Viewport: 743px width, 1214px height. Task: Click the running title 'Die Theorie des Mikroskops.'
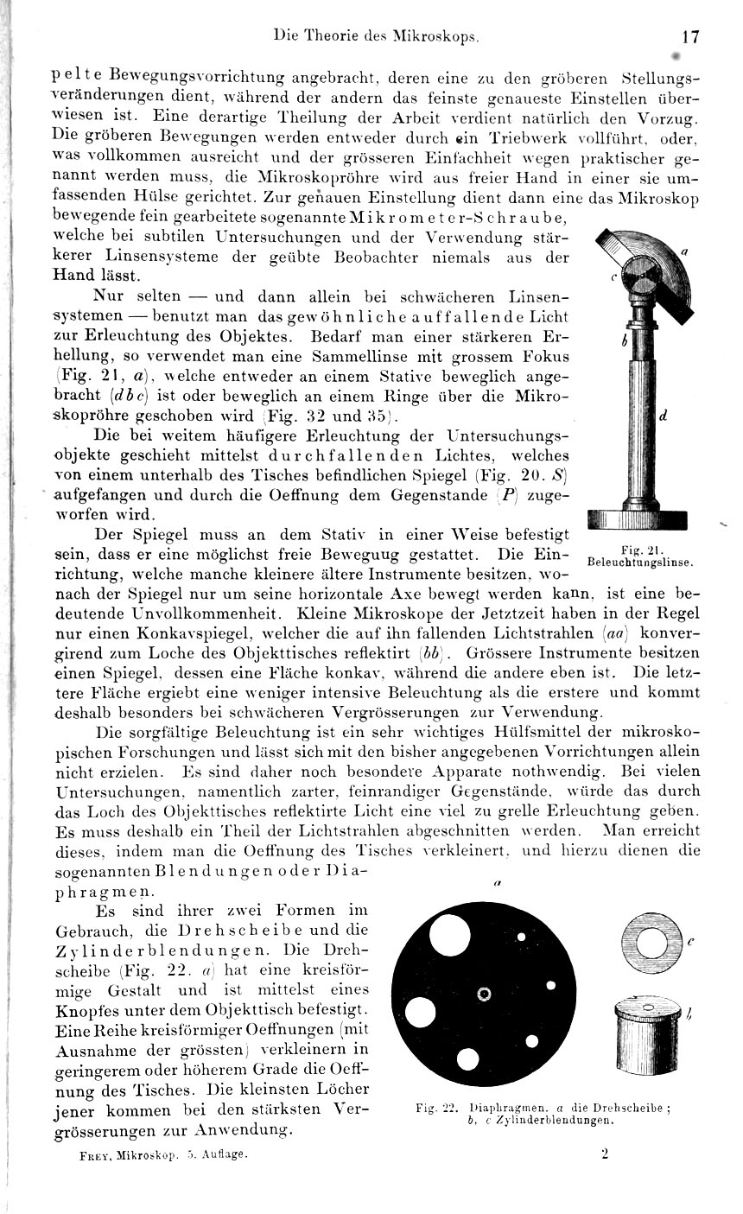click(376, 36)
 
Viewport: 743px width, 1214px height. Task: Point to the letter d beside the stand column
click(661, 415)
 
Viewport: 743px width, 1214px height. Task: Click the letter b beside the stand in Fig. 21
click(624, 340)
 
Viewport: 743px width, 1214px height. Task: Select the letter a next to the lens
click(683, 251)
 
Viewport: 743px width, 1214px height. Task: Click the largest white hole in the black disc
click(421, 1012)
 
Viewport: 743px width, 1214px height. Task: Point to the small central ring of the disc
click(484, 995)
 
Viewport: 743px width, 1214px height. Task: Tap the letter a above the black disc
click(499, 883)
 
